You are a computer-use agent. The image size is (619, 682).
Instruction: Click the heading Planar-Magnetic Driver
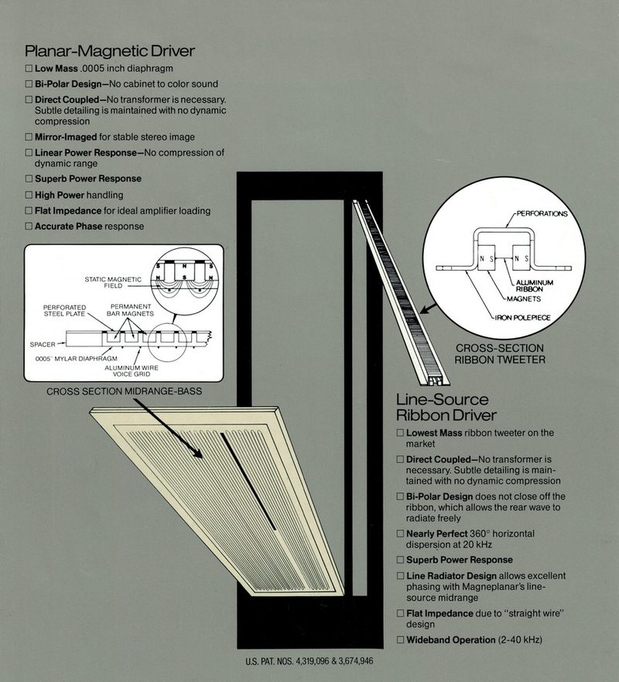pos(109,51)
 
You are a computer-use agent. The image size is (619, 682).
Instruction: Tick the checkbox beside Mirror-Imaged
pos(29,137)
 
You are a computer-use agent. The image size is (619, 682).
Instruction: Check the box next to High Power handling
pos(29,195)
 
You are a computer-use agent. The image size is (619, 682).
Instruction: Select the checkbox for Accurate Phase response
pos(29,226)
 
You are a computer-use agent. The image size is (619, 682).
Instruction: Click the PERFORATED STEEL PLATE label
pos(64,311)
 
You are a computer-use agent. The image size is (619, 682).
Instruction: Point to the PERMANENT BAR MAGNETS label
pos(130,310)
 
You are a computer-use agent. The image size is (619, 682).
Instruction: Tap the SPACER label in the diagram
pos(43,345)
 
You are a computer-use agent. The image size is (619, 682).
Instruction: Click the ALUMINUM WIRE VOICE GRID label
pos(132,371)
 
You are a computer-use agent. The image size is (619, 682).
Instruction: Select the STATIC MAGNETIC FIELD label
pos(113,282)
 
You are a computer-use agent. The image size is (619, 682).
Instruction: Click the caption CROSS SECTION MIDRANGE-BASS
pos(124,391)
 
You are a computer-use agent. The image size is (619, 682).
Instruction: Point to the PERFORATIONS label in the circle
pos(542,213)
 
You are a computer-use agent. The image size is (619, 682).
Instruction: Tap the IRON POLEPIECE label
pos(523,318)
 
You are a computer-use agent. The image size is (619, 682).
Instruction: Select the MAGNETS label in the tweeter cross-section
pos(524,298)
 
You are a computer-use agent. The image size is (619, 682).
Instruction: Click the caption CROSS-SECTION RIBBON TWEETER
pos(500,353)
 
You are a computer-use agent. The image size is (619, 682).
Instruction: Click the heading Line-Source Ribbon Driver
pos(446,407)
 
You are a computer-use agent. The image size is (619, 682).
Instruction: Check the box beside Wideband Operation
pos(401,639)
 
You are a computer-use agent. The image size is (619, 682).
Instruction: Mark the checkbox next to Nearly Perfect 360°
pos(401,534)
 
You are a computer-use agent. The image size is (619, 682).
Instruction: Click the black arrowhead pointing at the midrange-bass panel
pos(197,452)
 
